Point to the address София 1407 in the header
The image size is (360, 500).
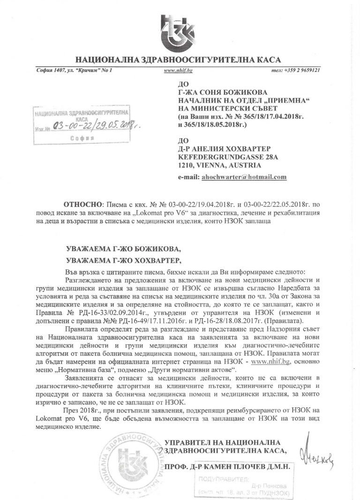coord(52,70)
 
